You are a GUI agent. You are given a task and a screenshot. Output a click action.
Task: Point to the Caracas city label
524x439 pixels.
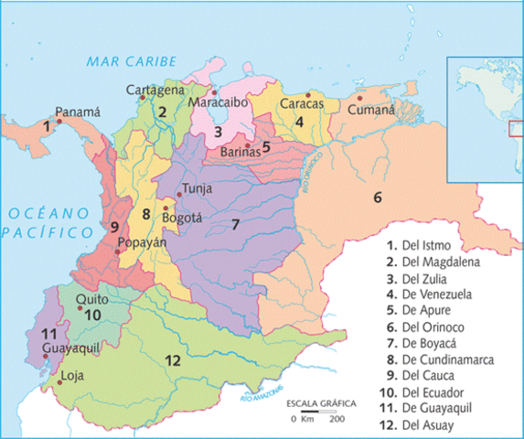tap(304, 103)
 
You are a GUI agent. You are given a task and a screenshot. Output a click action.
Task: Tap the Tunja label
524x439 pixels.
tap(198, 188)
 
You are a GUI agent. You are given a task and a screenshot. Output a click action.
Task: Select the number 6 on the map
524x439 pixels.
tap(376, 196)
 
